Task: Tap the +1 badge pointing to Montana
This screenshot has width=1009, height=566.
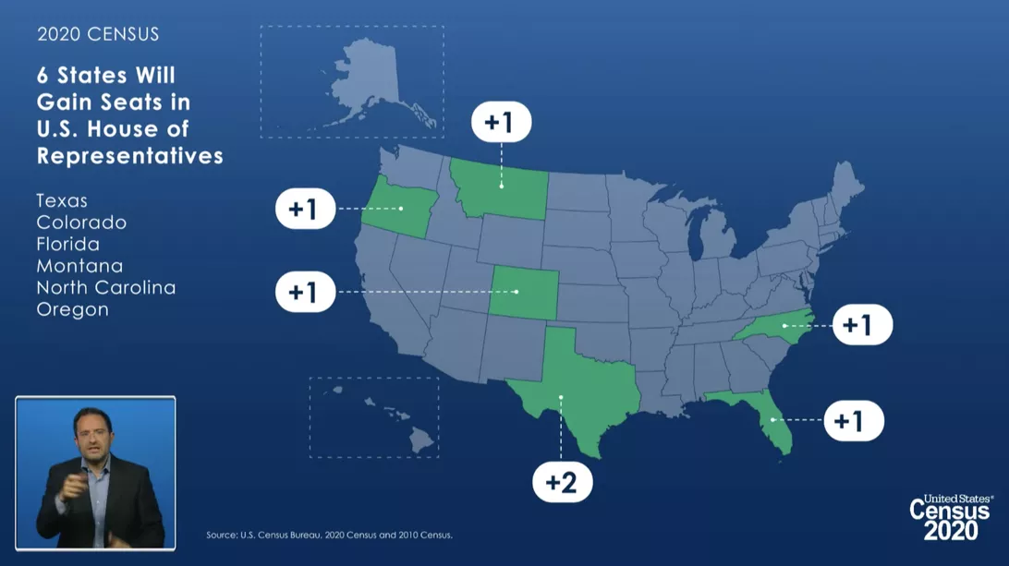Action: pyautogui.click(x=501, y=122)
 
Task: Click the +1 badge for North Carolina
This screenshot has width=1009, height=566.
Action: pyautogui.click(x=862, y=325)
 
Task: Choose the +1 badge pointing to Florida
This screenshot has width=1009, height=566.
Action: pyautogui.click(x=854, y=420)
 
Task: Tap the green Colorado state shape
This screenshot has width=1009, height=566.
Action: pyautogui.click(x=523, y=292)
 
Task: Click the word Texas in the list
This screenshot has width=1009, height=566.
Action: pyautogui.click(x=62, y=200)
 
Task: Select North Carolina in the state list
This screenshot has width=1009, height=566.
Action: pyautogui.click(x=105, y=288)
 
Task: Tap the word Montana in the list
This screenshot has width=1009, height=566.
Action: pyautogui.click(x=79, y=266)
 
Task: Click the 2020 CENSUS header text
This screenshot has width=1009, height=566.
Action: pyautogui.click(x=98, y=34)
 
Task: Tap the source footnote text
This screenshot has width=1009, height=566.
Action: pyautogui.click(x=329, y=535)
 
